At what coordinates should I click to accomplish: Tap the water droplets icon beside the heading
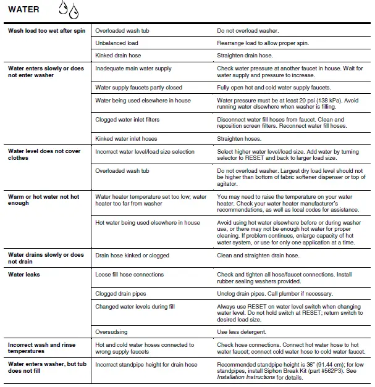coord(69,9)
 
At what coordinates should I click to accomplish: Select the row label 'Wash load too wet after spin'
coord(47,31)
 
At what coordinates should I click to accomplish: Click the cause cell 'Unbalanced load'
coord(117,43)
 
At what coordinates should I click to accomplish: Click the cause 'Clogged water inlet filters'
coord(133,119)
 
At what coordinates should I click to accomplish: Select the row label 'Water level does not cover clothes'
coord(44,154)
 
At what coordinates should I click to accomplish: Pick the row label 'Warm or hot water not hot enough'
coord(43,200)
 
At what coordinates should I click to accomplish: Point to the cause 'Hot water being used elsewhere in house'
coord(148,223)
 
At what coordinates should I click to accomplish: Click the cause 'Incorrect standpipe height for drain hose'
coord(153,364)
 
